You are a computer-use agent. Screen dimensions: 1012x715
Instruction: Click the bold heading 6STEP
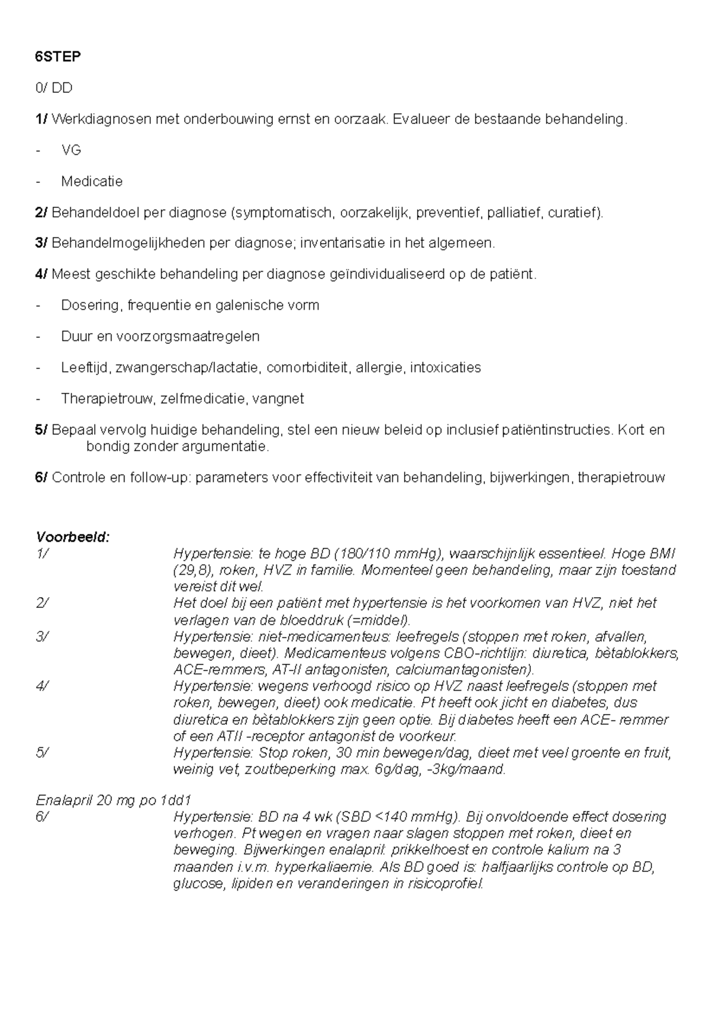pyautogui.click(x=58, y=57)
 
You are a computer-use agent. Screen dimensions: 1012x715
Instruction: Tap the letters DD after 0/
pyautogui.click(x=62, y=88)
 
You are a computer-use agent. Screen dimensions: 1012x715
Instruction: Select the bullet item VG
pyautogui.click(x=71, y=150)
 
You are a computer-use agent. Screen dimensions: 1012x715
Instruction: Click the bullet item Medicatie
pyautogui.click(x=92, y=181)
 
